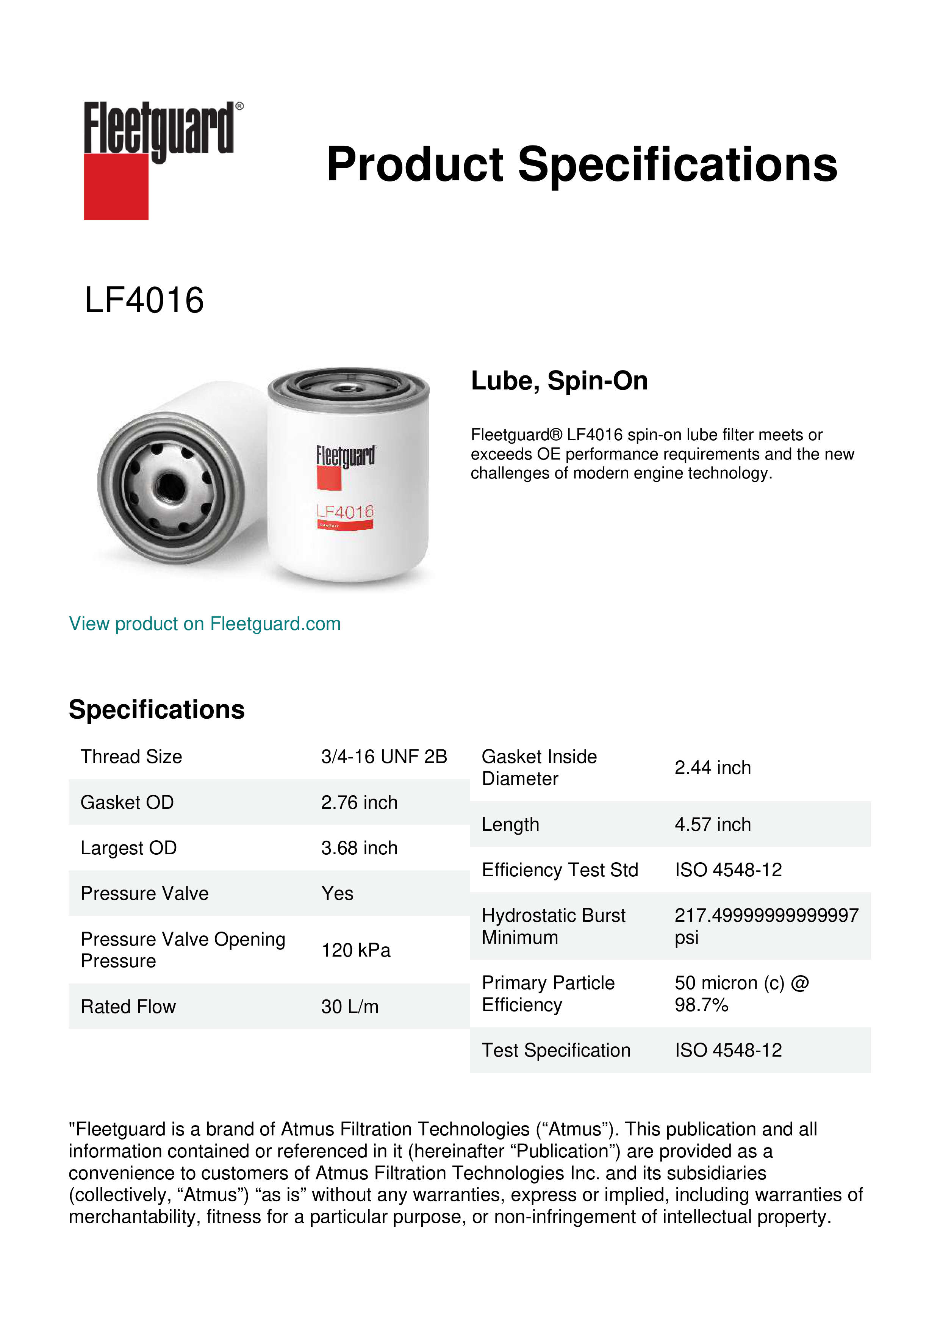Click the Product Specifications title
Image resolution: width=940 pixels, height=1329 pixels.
[x=582, y=164]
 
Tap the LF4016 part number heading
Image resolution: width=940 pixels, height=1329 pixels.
[x=144, y=300]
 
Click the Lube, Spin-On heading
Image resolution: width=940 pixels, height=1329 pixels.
[x=559, y=381]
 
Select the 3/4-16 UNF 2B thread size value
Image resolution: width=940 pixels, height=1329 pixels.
[x=384, y=757]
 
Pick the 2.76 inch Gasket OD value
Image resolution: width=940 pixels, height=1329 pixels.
[x=359, y=802]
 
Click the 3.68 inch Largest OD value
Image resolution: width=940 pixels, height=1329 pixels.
[x=359, y=848]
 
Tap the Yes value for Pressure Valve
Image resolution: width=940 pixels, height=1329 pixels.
[x=337, y=894]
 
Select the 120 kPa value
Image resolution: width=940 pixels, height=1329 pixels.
[x=355, y=951]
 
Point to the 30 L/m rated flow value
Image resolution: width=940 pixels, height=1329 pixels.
[x=350, y=1007]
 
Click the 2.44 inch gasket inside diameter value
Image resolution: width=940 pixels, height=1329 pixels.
[x=713, y=768]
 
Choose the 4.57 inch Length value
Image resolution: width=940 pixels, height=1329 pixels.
[x=713, y=824]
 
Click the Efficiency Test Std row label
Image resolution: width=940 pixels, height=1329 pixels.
[x=560, y=870]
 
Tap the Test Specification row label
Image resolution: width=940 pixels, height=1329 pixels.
[x=556, y=1050]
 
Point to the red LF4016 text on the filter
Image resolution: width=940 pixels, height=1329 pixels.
[x=345, y=512]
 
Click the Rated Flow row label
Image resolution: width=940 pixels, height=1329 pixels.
[x=128, y=1007]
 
